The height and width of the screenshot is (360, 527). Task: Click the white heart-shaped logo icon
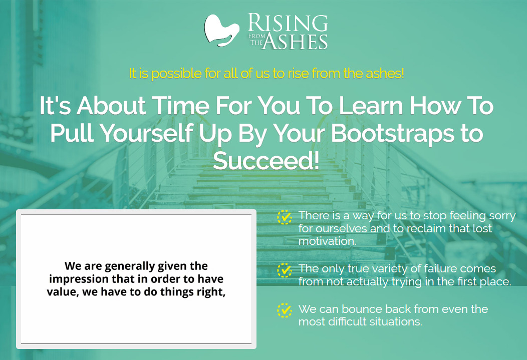[221, 30]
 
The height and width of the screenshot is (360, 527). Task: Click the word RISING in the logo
[288, 23]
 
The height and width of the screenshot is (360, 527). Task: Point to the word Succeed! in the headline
[266, 161]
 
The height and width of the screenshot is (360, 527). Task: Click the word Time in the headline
[181, 106]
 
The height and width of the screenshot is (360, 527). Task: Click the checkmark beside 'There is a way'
[285, 217]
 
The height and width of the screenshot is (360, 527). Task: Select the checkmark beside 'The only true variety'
[285, 270]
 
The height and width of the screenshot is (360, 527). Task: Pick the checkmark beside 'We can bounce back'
[285, 310]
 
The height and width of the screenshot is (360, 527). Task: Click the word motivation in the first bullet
[326, 241]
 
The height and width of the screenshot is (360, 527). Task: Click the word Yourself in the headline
[147, 133]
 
